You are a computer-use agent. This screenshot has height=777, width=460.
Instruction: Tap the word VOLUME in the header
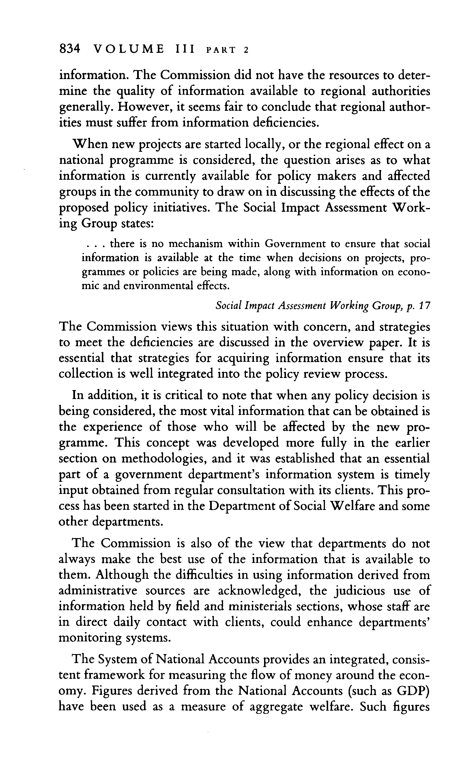coord(128,49)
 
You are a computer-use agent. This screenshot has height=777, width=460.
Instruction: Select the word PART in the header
coord(220,50)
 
